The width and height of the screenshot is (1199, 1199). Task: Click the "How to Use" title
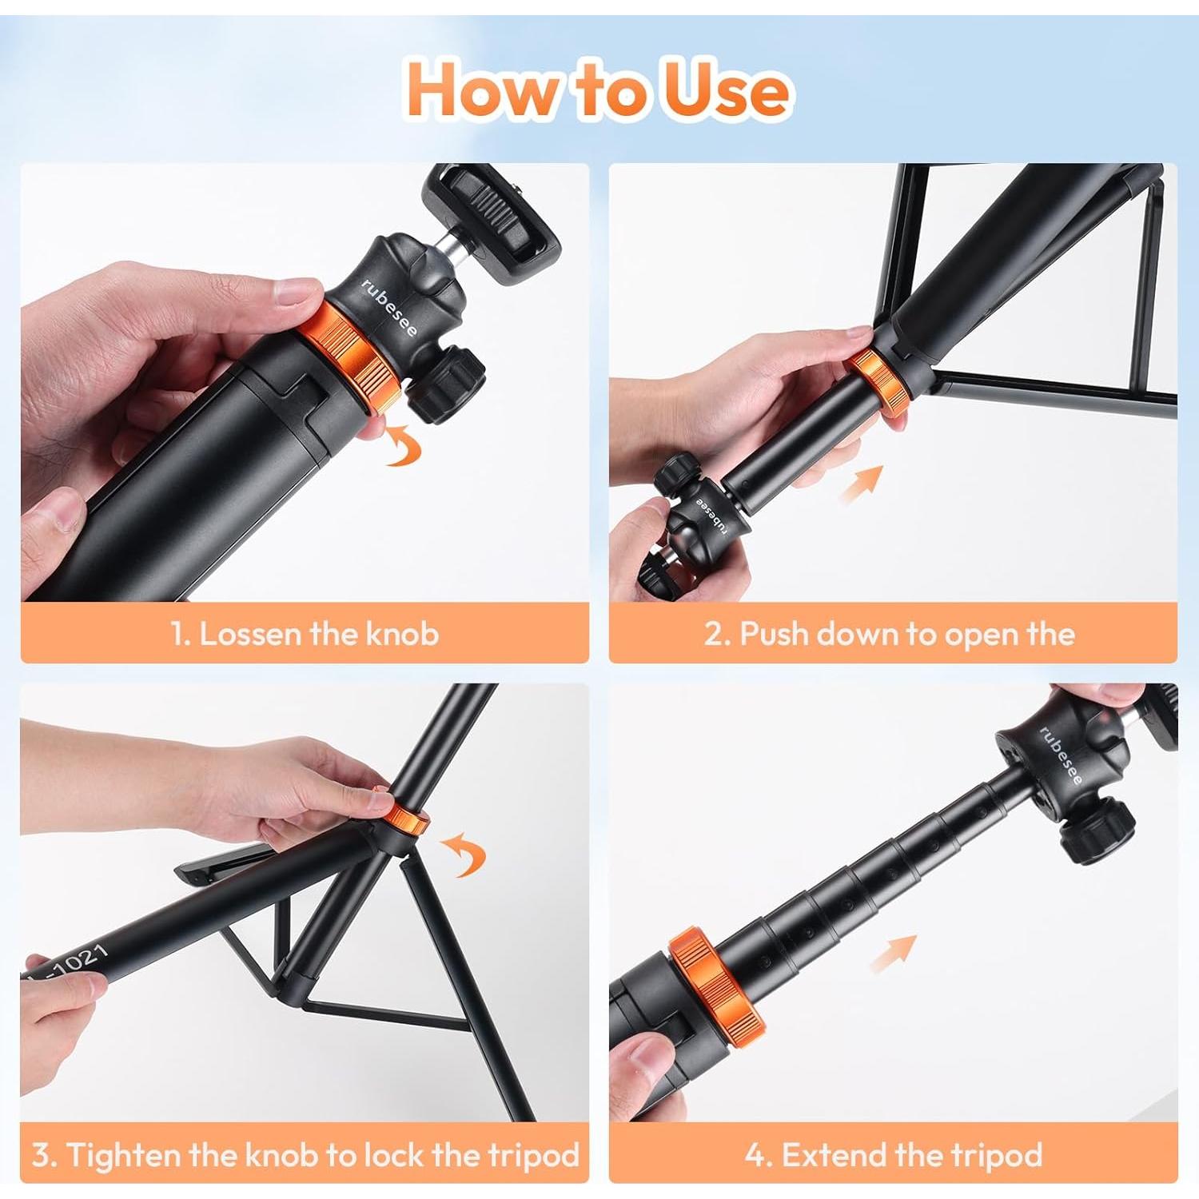coord(599,89)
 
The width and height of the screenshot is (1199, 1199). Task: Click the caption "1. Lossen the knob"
coord(305,634)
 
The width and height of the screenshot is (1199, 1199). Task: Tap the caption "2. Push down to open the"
coord(889,634)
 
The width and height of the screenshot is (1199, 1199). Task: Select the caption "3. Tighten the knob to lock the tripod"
coord(305,1155)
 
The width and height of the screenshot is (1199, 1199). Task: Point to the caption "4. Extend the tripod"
coord(894,1155)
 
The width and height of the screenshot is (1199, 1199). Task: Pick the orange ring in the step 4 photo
coord(713,982)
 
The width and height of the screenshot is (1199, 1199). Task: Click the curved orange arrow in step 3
coord(464,853)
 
